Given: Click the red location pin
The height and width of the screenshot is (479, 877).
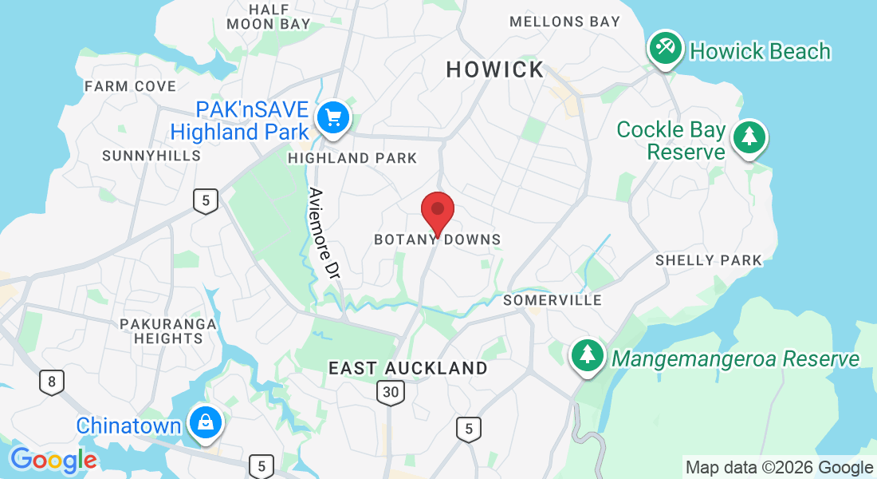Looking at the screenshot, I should pos(437,211).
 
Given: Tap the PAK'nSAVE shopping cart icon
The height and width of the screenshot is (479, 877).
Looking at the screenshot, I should pos(332,118).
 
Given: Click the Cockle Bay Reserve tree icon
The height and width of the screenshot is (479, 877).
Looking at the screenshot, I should pos(749,137).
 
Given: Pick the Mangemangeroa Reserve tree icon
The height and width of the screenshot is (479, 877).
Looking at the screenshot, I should pos(588,357).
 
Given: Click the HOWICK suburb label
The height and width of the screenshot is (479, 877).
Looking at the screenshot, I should pos(494,70).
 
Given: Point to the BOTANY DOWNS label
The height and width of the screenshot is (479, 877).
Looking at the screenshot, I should pos(438,239).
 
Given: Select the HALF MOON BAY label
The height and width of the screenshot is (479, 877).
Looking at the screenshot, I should pos(269,16).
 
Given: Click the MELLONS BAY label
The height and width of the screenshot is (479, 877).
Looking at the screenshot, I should pos(564,22).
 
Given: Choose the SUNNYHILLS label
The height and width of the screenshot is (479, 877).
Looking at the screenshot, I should pos(151,156).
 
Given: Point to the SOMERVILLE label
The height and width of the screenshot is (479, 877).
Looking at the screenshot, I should pos(553,300).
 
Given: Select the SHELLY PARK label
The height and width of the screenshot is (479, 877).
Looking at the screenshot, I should pos(709,260).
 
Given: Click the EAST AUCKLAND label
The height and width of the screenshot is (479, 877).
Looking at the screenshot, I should pos(408,368).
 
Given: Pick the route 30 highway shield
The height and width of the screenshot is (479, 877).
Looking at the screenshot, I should pos(391,391).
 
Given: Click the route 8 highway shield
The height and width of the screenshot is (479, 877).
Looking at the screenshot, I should pos(52,382).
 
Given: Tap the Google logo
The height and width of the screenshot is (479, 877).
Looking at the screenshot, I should pos(53,460).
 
